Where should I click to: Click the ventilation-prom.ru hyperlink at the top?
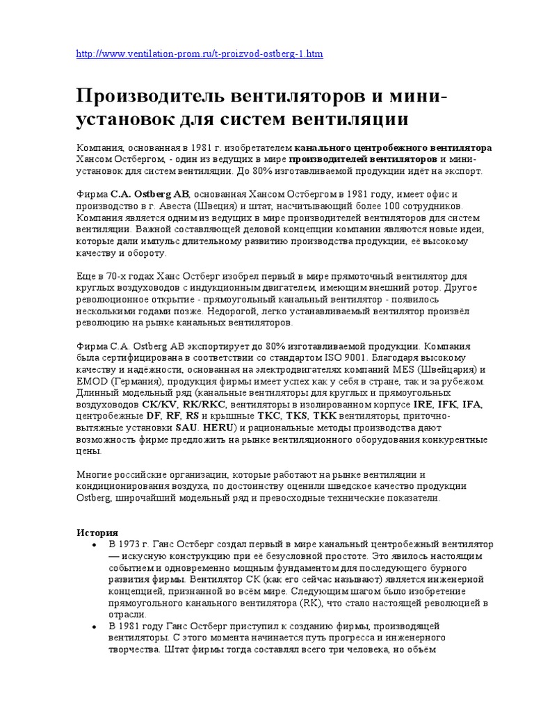(200, 54)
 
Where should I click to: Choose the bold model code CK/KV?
(159, 405)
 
